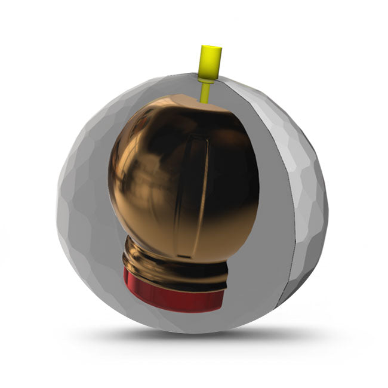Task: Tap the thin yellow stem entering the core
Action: click(206, 91)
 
